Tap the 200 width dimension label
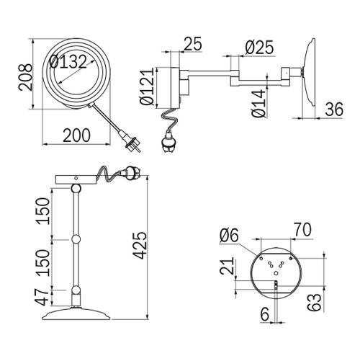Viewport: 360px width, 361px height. pyautogui.click(x=76, y=134)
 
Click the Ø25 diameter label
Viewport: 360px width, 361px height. pyautogui.click(x=259, y=48)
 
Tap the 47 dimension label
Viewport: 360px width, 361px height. pyautogui.click(x=43, y=296)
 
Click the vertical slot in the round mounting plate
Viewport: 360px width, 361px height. pyautogui.click(x=274, y=288)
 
